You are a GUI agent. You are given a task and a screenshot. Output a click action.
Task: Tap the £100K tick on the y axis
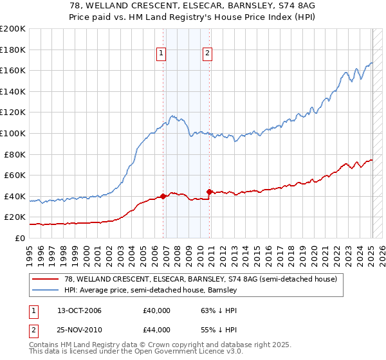[13, 133]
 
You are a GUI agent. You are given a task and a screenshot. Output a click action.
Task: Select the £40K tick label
[15, 196]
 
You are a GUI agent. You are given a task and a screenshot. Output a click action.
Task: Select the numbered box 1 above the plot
[161, 54]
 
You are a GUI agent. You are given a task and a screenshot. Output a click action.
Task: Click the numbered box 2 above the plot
[208, 54]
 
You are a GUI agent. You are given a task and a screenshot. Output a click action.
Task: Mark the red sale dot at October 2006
[163, 196]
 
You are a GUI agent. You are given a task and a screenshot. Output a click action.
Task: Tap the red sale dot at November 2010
[210, 192]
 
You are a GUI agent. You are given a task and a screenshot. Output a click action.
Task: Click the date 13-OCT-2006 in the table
[79, 311]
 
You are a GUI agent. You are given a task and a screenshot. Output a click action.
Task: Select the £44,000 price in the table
[156, 330]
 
